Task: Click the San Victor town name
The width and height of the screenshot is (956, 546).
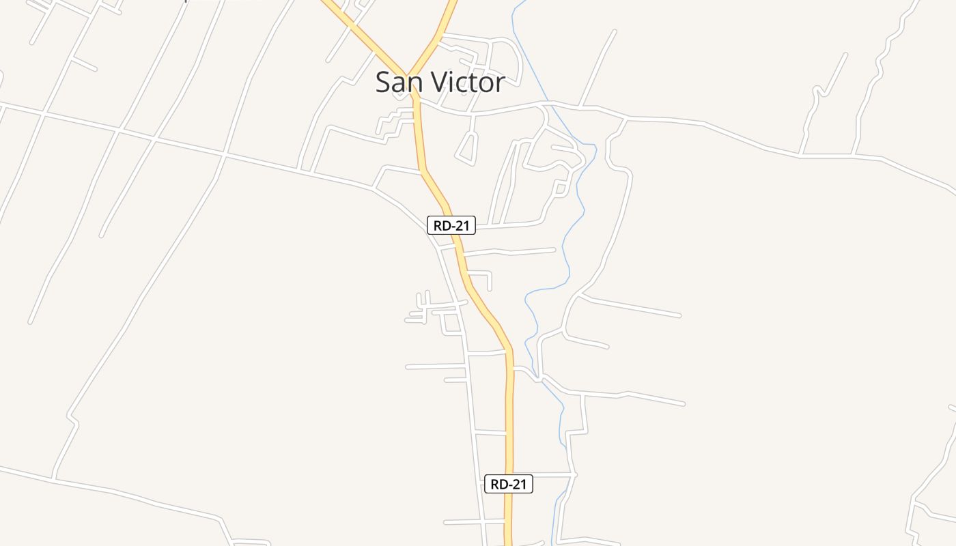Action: click(440, 83)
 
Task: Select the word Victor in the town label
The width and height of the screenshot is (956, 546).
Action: click(466, 83)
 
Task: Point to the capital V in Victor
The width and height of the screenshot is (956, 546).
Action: click(435, 83)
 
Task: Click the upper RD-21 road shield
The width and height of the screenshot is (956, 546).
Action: click(451, 225)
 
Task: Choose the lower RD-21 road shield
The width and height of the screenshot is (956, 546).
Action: click(509, 484)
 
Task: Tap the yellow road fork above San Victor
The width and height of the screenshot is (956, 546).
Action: click(409, 75)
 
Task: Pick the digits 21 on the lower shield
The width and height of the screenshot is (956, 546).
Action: click(519, 484)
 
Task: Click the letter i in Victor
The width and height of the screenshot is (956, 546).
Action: click(451, 83)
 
